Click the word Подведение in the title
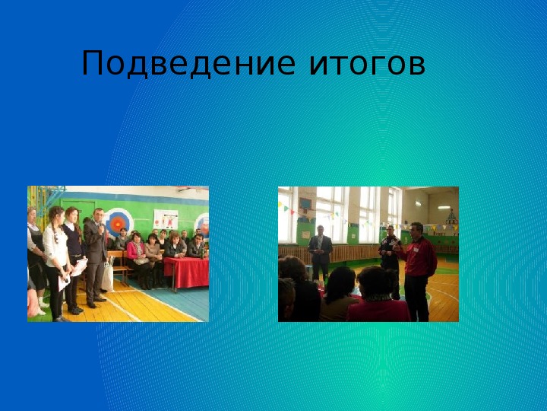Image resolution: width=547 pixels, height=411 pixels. click(x=188, y=63)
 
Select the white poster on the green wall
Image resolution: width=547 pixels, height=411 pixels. click(x=166, y=219)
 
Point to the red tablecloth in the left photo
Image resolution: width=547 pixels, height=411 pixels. click(x=186, y=272)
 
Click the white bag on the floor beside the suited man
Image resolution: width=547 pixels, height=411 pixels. click(x=107, y=278)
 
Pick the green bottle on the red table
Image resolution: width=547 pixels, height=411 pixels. click(x=201, y=253)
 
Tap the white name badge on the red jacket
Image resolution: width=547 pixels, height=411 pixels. click(x=416, y=250)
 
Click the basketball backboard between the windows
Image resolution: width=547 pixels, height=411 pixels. click(x=305, y=204)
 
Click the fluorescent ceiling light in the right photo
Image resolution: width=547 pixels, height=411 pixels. click(x=444, y=207)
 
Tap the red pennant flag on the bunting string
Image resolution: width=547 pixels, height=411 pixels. click(x=292, y=212)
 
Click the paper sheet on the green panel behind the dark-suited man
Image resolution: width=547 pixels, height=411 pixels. click(x=306, y=234)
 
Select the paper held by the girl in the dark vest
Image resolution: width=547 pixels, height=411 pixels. click(x=80, y=267)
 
